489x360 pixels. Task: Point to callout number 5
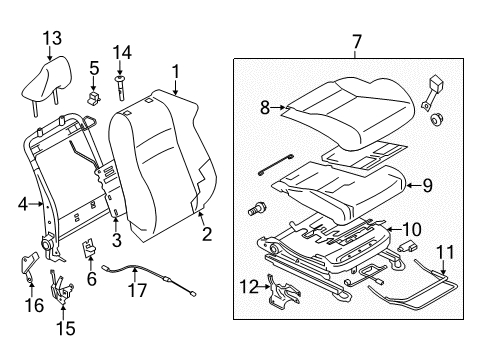(x=93, y=68)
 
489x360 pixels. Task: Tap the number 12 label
(x=249, y=286)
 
